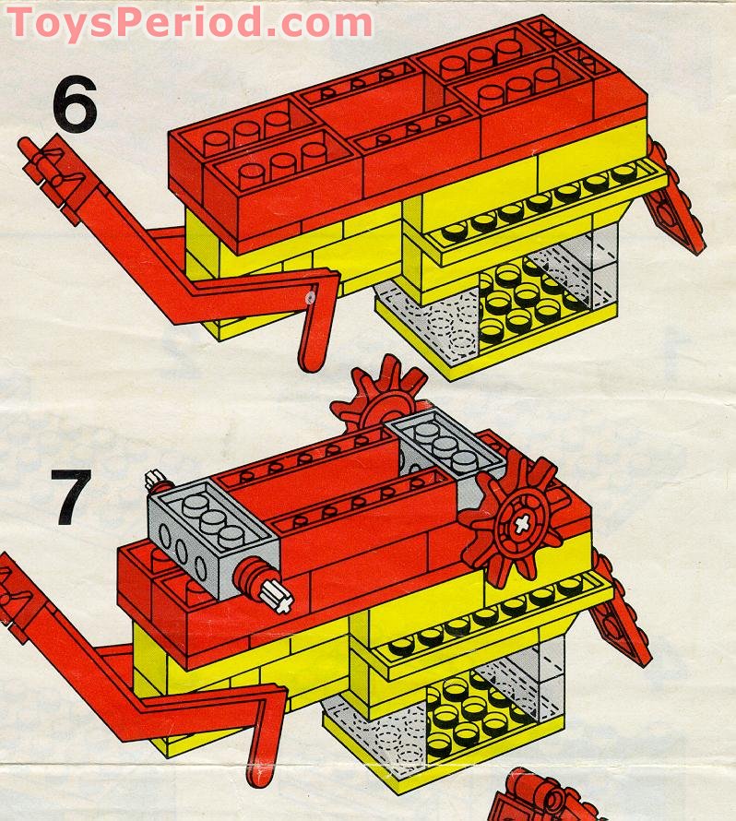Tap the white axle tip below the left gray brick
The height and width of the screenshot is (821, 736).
tap(281, 599)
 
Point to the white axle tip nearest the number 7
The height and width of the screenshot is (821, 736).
tap(154, 481)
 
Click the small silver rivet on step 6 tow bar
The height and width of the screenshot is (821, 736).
tap(311, 298)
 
